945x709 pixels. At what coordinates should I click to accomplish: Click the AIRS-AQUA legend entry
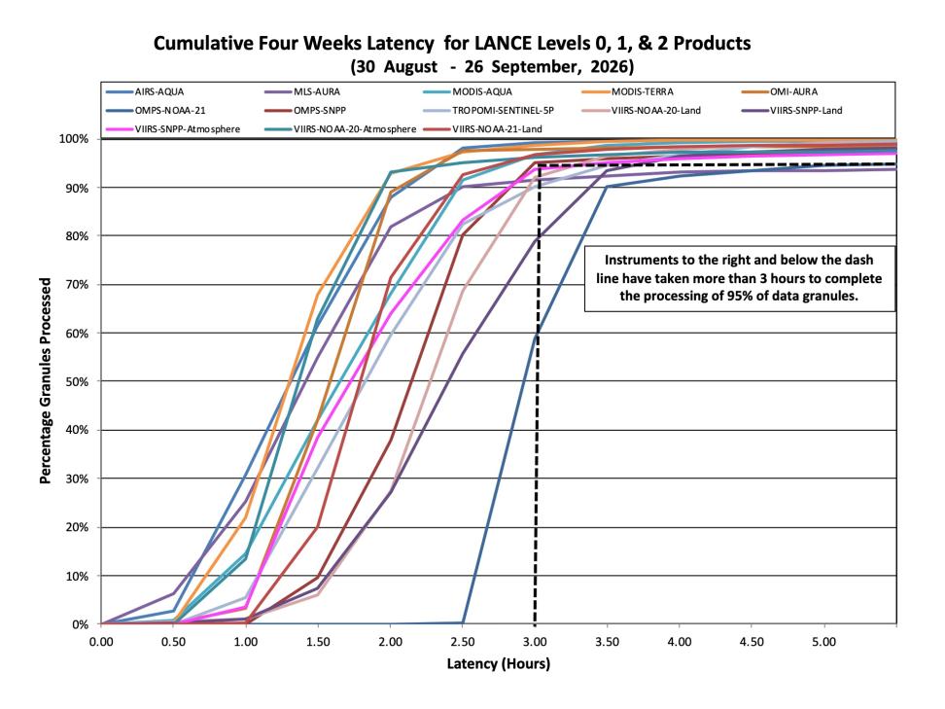click(145, 92)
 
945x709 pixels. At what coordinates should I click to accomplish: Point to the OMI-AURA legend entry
click(779, 92)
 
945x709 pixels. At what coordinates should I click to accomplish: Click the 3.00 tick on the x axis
click(535, 642)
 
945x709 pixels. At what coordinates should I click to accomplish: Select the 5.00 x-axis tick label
click(823, 642)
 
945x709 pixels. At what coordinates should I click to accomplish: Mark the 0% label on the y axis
click(80, 624)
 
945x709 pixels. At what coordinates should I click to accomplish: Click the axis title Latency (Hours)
click(499, 664)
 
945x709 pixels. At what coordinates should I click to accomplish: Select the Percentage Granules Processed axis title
click(45, 381)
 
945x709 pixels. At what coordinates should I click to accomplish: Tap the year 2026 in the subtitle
click(610, 66)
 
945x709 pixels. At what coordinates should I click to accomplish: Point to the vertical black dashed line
click(536, 394)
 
